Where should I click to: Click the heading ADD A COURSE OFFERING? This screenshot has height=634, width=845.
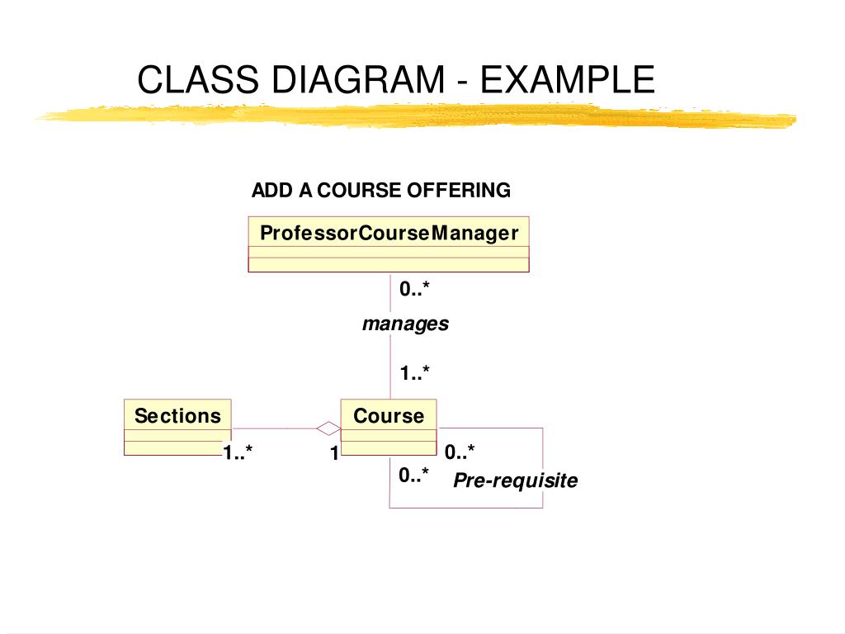tap(380, 191)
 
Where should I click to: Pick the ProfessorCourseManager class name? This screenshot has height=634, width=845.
tap(389, 233)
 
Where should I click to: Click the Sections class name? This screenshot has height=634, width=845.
tap(177, 415)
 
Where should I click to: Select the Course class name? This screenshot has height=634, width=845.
tap(388, 415)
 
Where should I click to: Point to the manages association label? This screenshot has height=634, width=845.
tap(405, 324)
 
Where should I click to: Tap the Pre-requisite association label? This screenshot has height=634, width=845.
tap(515, 480)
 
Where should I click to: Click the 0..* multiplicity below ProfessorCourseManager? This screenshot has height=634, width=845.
tap(415, 289)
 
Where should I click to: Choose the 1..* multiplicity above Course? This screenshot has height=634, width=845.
tap(415, 373)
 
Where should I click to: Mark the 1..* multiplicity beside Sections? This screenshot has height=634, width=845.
tap(238, 452)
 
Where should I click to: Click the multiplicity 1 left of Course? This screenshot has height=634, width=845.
tap(334, 452)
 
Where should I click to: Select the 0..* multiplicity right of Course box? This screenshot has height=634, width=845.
tap(460, 452)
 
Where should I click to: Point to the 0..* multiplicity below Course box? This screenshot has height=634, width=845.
tap(413, 475)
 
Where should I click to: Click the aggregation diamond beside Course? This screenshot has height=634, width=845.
tap(328, 428)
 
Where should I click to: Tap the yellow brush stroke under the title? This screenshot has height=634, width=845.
tap(413, 117)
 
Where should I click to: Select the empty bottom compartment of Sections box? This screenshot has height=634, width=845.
tap(177, 448)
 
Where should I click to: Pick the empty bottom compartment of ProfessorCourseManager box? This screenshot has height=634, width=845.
tap(389, 265)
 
